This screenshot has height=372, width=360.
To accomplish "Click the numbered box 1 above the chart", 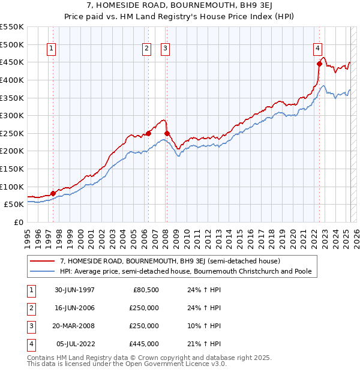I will click(x=51, y=49).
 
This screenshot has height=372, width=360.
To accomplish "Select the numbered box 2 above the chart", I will click(x=146, y=49).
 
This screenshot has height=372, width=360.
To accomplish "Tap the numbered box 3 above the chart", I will click(x=165, y=49).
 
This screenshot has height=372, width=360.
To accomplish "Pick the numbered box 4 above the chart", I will click(x=317, y=49).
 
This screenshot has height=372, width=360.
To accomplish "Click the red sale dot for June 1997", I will click(x=53, y=193).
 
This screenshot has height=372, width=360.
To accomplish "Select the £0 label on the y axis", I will click(x=18, y=222).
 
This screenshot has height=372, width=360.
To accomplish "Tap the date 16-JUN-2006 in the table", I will click(x=75, y=308).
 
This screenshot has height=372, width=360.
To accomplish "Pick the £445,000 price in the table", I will click(x=145, y=344).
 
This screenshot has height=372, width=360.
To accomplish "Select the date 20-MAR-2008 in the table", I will click(x=75, y=326).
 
